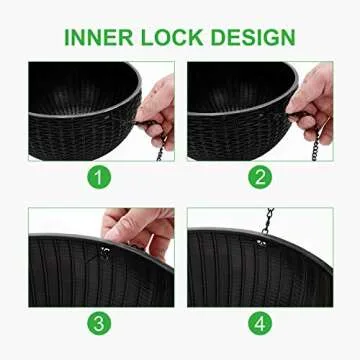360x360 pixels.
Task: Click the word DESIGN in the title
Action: [x=253, y=37]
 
